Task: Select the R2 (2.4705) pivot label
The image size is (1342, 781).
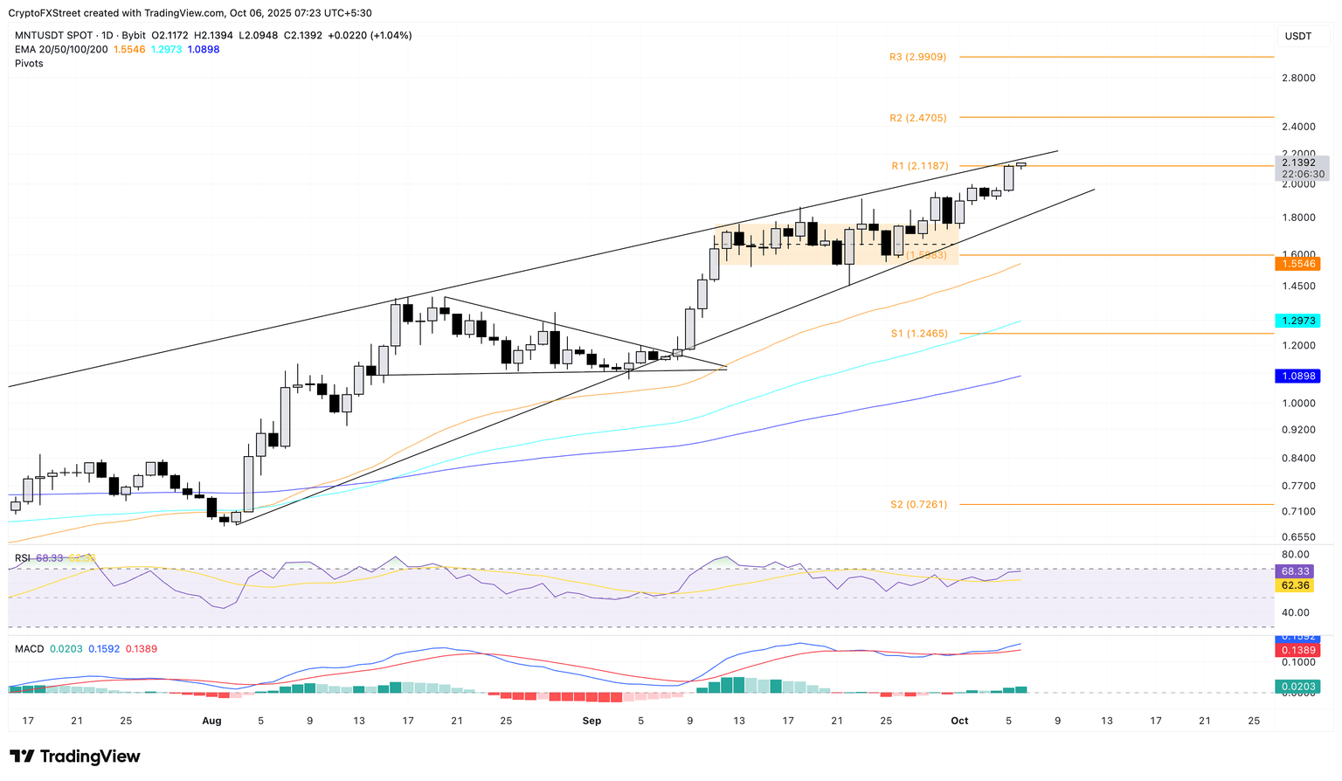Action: click(x=917, y=118)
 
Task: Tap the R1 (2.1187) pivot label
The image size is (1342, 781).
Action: click(x=919, y=166)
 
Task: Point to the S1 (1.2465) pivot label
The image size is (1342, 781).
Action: click(x=919, y=334)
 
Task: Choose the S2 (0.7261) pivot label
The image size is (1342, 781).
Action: click(x=918, y=505)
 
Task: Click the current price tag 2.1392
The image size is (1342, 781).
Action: click(x=1302, y=162)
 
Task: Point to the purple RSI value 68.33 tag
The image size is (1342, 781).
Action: click(x=1295, y=570)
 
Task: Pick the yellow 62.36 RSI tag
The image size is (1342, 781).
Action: click(x=1295, y=585)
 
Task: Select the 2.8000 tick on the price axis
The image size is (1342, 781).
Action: click(x=1298, y=78)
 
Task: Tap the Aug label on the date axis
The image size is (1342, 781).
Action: click(x=211, y=721)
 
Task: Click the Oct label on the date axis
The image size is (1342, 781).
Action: click(x=959, y=721)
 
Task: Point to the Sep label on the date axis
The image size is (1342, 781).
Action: click(x=591, y=721)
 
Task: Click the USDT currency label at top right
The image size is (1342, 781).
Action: click(x=1298, y=36)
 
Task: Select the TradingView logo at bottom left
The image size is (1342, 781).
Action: click(x=75, y=757)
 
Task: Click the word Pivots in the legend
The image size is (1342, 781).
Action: click(x=29, y=63)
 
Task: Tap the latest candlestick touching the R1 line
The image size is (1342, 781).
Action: click(x=1020, y=164)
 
